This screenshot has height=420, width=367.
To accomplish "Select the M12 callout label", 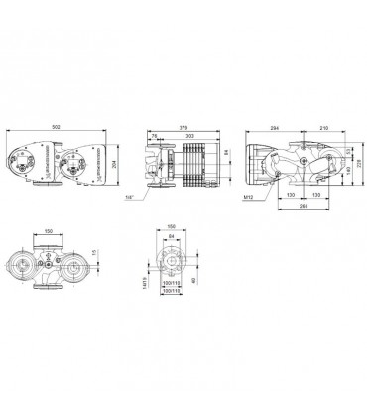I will (x=252, y=196).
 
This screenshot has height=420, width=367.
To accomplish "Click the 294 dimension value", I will (x=275, y=129).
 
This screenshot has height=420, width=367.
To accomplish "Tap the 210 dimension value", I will (x=324, y=129).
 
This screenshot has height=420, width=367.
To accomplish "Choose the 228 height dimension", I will (x=360, y=162).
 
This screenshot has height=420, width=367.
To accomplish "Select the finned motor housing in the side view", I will (x=197, y=163).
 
